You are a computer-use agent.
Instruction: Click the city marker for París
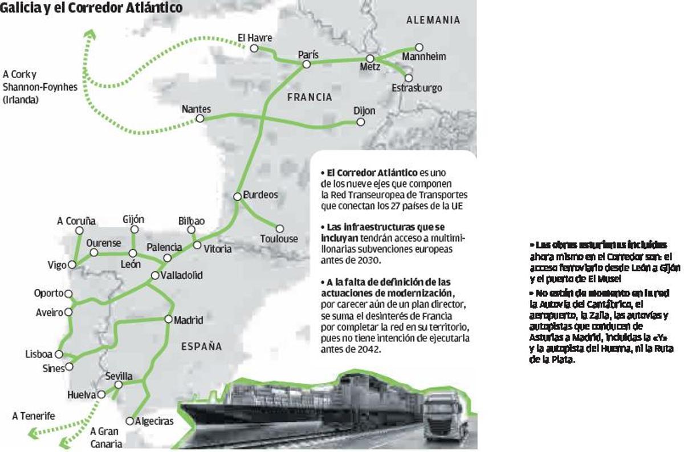[306, 64]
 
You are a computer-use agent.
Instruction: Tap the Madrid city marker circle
[168, 319]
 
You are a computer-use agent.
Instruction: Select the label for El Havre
[255, 38]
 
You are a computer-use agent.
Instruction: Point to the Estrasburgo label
[417, 88]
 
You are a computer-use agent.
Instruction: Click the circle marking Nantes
[200, 119]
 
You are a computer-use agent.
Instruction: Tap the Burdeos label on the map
[260, 195]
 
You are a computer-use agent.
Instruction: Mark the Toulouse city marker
[280, 229]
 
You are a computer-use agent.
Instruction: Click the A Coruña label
[76, 221]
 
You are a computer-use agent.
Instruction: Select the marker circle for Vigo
[72, 264]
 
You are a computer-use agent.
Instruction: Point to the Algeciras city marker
[130, 421]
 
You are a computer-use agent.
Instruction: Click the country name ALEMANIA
[433, 20]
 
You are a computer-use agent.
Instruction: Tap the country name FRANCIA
[310, 97]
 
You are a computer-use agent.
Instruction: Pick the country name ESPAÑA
[202, 346]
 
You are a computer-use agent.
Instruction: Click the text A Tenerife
[34, 416]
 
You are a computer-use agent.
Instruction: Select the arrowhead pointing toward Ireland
[89, 36]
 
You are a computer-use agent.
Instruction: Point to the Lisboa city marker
[59, 354]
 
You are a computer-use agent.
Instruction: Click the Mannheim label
[424, 57]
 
